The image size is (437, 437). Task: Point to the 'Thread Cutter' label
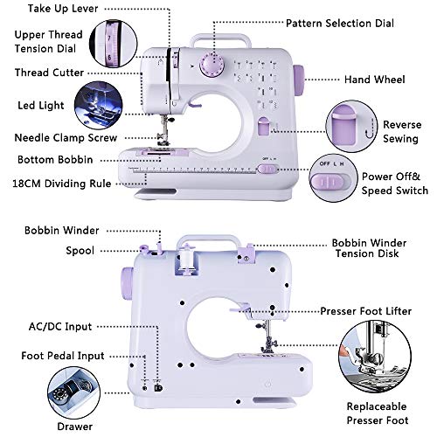tap(50, 73)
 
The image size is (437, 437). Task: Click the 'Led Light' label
tap(40, 106)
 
